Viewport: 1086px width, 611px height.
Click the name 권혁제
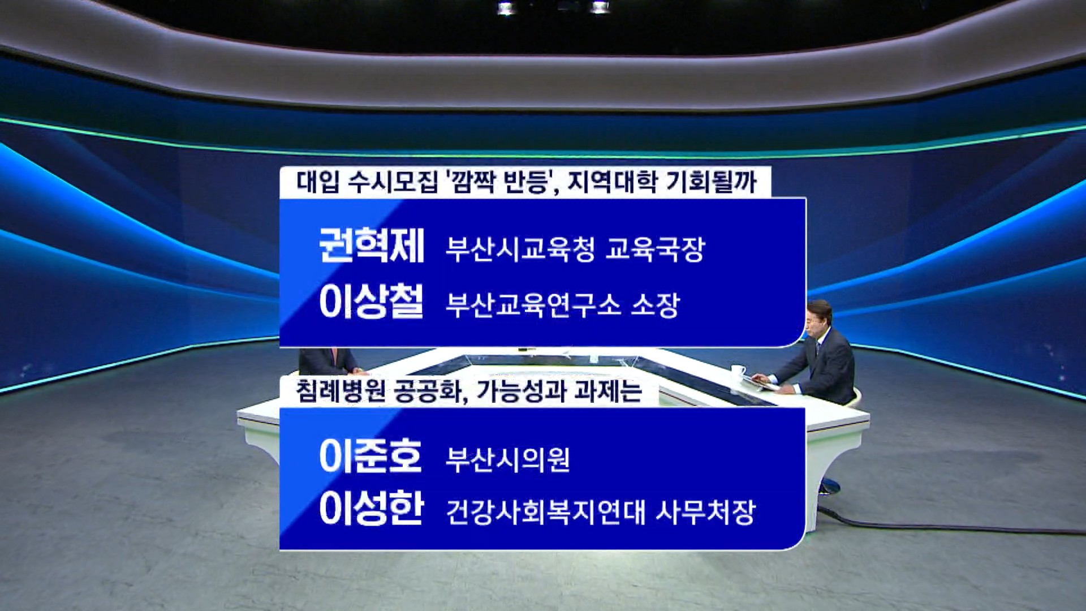(x=372, y=246)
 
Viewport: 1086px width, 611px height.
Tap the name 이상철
(x=372, y=301)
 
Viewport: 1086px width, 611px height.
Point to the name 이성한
(x=372, y=507)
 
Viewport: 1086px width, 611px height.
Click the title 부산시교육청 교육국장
(x=575, y=249)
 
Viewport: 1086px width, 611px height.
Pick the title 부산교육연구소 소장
(x=563, y=305)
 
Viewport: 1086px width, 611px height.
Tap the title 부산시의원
(x=507, y=459)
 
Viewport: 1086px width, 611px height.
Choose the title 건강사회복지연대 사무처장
(x=601, y=512)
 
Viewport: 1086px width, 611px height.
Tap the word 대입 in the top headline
(x=318, y=182)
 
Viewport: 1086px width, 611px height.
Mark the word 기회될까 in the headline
(x=711, y=182)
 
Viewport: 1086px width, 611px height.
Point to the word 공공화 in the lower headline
(x=430, y=391)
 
